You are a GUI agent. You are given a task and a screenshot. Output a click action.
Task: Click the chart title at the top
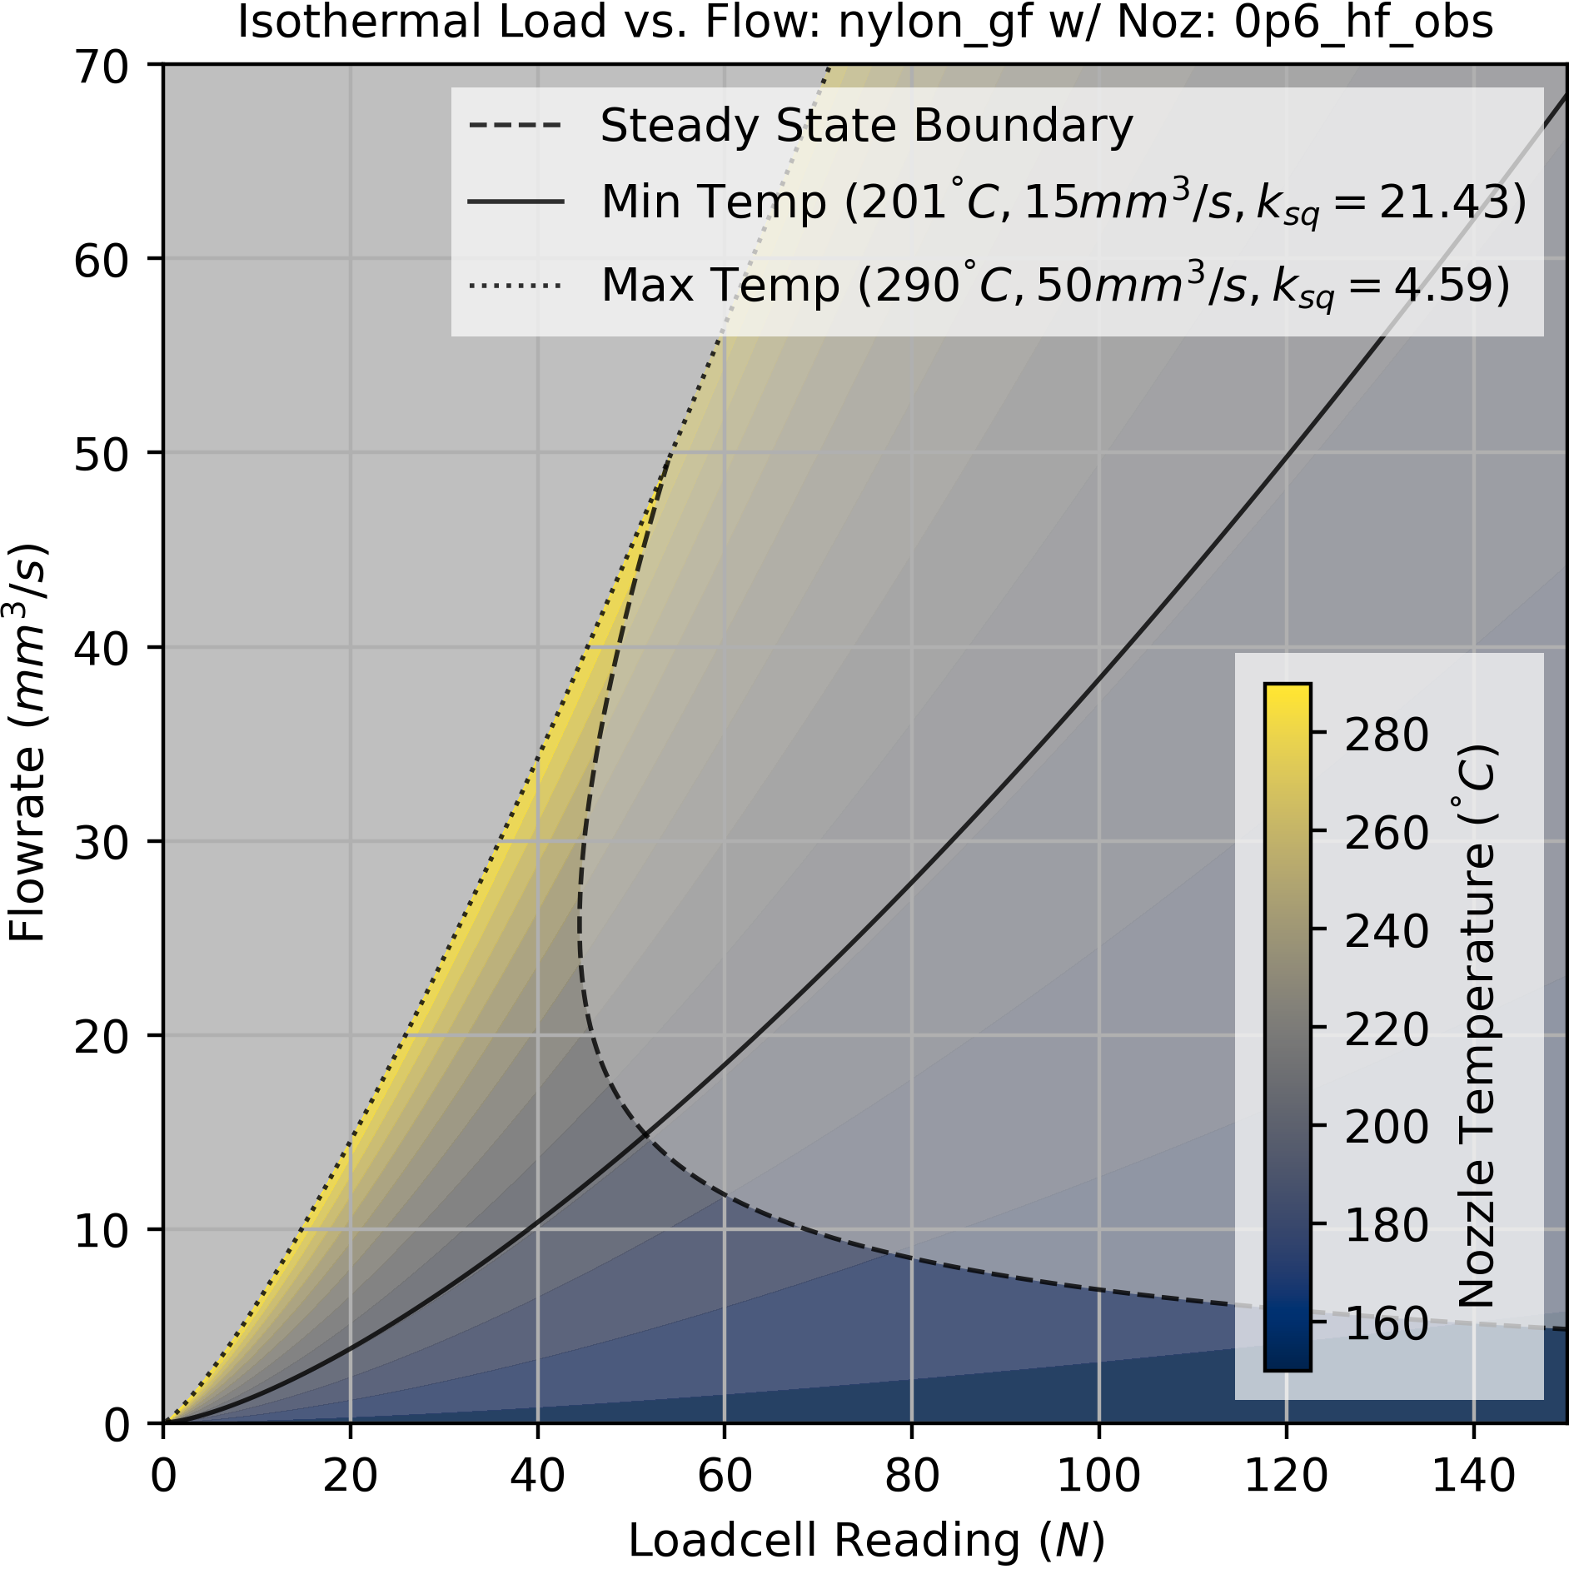864,22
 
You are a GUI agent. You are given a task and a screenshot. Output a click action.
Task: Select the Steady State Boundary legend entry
866,127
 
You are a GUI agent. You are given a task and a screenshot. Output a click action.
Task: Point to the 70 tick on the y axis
102,66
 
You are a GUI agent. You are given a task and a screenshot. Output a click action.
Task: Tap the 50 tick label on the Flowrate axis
102,455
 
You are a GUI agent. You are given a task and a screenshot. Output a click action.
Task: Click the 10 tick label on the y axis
102,1231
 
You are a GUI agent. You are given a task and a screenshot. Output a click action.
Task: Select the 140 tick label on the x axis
1473,1477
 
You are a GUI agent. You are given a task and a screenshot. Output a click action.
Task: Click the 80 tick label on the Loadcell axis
912,1477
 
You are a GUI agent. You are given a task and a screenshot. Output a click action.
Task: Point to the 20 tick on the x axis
350,1477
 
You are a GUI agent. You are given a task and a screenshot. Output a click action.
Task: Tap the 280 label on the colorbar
1386,735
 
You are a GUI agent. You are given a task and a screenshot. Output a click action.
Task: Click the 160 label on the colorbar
1386,1323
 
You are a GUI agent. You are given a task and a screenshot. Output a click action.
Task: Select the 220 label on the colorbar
1386,1029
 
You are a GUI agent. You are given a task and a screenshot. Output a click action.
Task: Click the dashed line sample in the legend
516,127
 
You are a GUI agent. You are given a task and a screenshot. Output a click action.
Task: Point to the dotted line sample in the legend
516,286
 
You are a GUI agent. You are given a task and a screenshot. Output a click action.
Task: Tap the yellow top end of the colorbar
1288,695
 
